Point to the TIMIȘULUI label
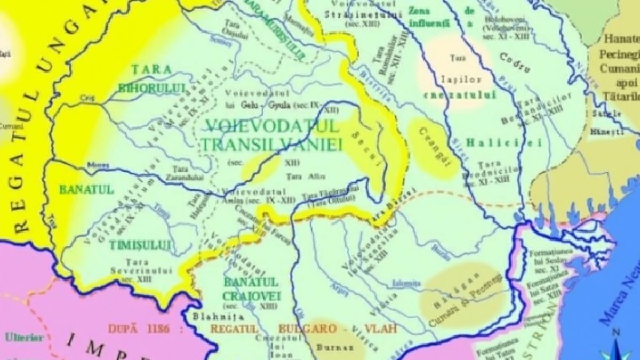[x=141, y=245]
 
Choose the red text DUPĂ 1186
[x=140, y=329]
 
